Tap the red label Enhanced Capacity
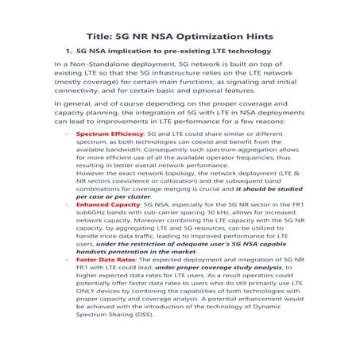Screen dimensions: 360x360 pos(105,204)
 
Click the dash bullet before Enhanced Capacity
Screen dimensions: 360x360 pos(65,204)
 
